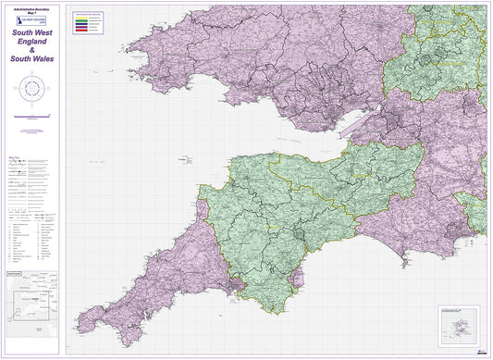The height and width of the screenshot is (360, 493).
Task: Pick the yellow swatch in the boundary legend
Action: [80, 14]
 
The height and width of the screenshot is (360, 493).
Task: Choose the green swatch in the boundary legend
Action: [80, 18]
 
